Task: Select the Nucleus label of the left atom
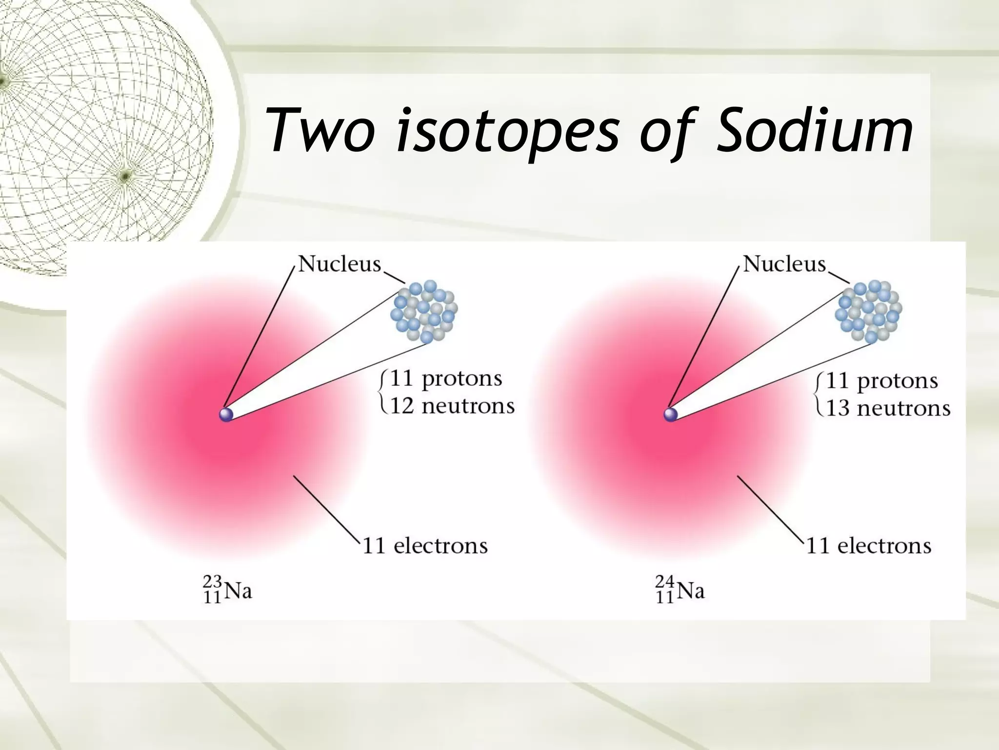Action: (x=339, y=264)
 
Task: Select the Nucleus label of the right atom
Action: (x=784, y=264)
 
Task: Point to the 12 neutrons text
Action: (x=452, y=406)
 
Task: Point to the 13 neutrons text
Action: (x=888, y=408)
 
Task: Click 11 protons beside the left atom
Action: (x=446, y=379)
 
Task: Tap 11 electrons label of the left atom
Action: (x=425, y=546)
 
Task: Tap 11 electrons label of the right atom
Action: (x=869, y=546)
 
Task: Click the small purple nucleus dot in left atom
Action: (x=226, y=415)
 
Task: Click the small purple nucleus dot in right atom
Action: (x=671, y=415)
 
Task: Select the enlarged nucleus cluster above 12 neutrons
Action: (x=424, y=311)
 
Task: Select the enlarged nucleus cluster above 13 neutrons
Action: (x=869, y=311)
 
